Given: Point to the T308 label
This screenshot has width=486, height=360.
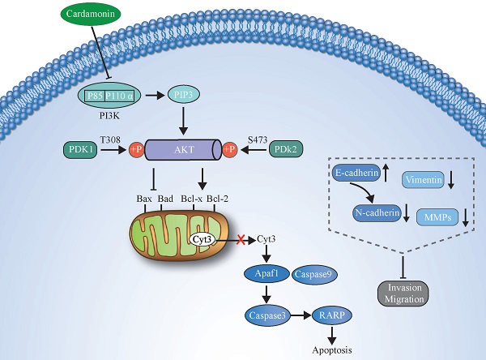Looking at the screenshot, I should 110,139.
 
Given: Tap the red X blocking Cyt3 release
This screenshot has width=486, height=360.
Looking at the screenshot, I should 240,240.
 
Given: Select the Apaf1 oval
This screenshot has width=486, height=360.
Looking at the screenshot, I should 263,276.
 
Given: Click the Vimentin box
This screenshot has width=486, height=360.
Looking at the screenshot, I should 425,183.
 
